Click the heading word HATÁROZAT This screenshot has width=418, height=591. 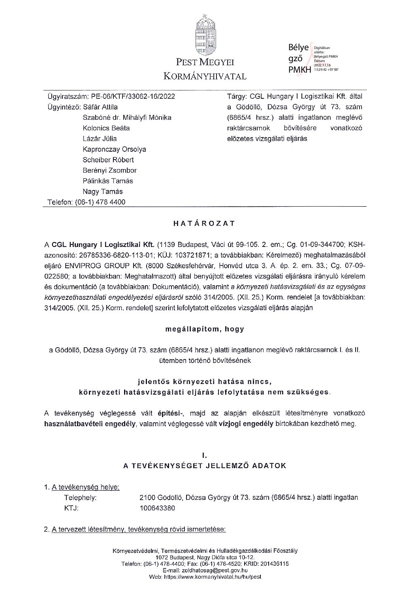[205, 223]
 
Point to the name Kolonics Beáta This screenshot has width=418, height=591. [106, 128]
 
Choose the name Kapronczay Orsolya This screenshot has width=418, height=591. [114, 149]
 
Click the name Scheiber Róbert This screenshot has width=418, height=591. [108, 160]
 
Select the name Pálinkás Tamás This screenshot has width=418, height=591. [107, 181]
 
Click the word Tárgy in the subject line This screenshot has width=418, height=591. [235, 96]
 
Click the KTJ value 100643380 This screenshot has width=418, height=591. [158, 508]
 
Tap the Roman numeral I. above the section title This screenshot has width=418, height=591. [205, 455]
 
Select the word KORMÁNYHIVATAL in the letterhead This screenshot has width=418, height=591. [205, 76]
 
